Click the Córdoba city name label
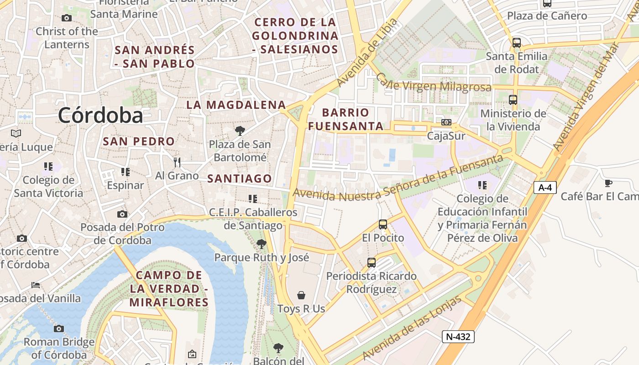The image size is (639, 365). (x=100, y=115)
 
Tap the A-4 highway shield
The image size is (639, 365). (x=545, y=187)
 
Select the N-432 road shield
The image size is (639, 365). (x=458, y=337)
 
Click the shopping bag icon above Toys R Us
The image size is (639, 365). (x=301, y=295)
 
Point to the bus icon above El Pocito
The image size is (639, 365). (x=383, y=224)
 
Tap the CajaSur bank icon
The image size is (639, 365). (x=446, y=122)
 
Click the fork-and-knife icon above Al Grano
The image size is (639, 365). (x=177, y=162)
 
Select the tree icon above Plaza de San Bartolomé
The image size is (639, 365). (x=240, y=131)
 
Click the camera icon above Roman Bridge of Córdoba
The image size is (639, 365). (x=58, y=328)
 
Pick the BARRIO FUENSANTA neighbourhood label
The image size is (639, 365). (x=346, y=119)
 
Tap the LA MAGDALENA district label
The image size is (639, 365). (x=236, y=105)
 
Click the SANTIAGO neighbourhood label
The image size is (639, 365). (x=240, y=179)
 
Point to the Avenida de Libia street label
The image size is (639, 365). (x=367, y=52)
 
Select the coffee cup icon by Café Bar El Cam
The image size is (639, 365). (x=608, y=183)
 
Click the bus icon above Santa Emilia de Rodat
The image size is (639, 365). (x=516, y=43)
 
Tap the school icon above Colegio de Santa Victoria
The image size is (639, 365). (x=48, y=167)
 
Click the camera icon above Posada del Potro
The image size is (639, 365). (x=122, y=214)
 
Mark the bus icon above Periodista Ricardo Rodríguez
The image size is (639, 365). (x=372, y=263)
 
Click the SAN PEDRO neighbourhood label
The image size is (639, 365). (x=139, y=141)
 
